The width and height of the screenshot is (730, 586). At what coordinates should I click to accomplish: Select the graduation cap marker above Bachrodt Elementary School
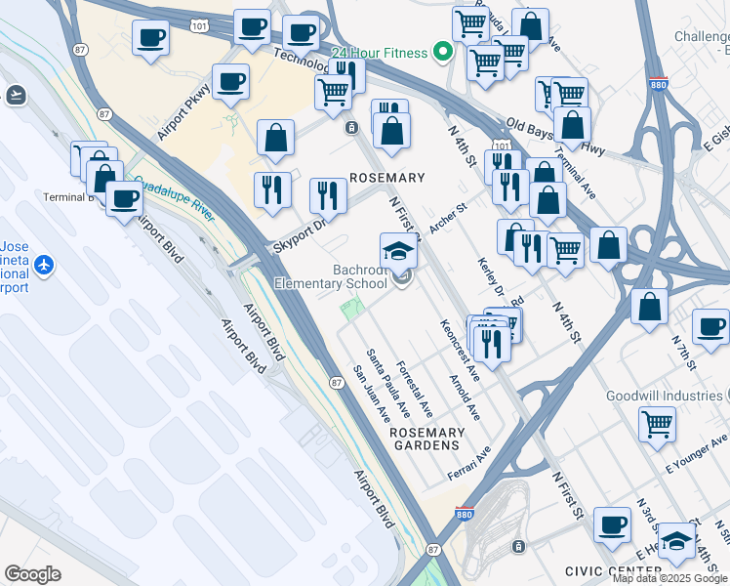pos(399,253)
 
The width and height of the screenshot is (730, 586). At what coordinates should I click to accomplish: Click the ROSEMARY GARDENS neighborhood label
pos(426,439)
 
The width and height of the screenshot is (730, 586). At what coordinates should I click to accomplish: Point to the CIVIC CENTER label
pos(613,570)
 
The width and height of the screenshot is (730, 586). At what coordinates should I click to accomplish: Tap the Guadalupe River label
pos(173,196)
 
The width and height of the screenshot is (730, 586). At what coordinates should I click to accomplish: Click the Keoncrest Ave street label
pos(459,350)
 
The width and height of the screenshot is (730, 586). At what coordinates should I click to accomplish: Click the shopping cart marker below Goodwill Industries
pos(658,424)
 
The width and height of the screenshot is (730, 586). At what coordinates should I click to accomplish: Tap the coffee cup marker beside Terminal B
pos(124,199)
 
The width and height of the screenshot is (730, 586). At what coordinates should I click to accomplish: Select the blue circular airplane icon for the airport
pos(43,265)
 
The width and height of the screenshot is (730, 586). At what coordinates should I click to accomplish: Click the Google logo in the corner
pos(32,574)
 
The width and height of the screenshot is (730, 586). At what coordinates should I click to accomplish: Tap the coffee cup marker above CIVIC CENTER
pos(613,524)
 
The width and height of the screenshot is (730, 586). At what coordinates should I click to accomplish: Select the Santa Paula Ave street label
pos(387,378)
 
